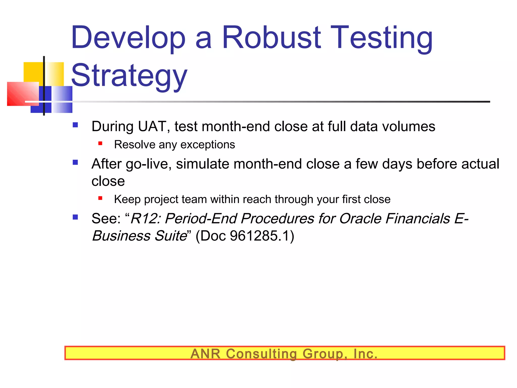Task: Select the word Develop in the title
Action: (128, 38)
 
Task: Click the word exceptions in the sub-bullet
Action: (208, 145)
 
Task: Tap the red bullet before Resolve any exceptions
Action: (100, 143)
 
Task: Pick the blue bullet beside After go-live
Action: (75, 162)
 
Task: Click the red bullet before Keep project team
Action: (100, 198)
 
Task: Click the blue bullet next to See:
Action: (75, 217)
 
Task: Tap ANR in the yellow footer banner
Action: (205, 354)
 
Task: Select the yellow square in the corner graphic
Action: (33, 72)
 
